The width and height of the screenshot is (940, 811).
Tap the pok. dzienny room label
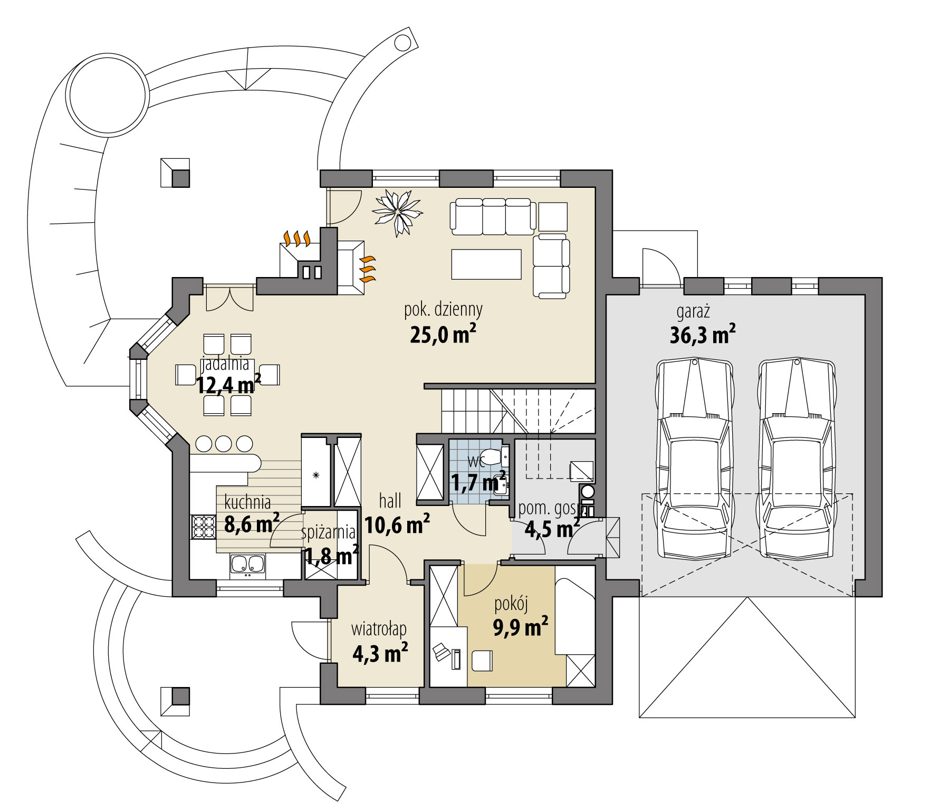443,310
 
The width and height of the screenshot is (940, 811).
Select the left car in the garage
694,458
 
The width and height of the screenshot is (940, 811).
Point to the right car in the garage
796,458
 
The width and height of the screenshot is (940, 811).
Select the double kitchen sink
247,564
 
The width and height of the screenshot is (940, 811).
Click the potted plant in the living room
397,212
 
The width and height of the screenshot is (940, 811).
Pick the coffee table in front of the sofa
486,264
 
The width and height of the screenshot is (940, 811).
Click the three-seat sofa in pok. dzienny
491,216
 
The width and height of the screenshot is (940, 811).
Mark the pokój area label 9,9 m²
520,627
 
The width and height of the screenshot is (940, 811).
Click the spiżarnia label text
328,532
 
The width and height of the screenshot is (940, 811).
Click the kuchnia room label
247,501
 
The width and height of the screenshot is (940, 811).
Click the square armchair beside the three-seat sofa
553,216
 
